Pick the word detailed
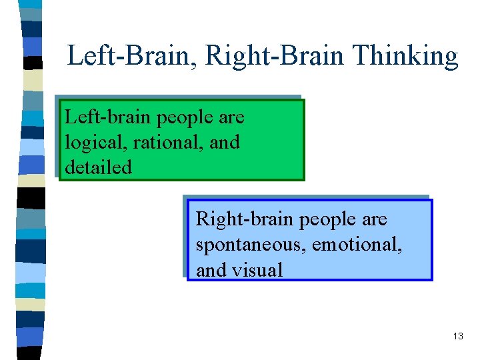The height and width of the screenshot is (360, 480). [x=98, y=167]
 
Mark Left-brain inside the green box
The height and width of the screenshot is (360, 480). [x=108, y=117]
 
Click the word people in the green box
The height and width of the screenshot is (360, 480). [x=186, y=118]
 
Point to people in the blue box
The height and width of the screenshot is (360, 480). [x=324, y=220]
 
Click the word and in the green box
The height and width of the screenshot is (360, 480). [x=226, y=142]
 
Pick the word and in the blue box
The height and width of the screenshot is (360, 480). [x=210, y=269]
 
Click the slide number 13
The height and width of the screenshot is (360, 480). [x=457, y=336]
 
